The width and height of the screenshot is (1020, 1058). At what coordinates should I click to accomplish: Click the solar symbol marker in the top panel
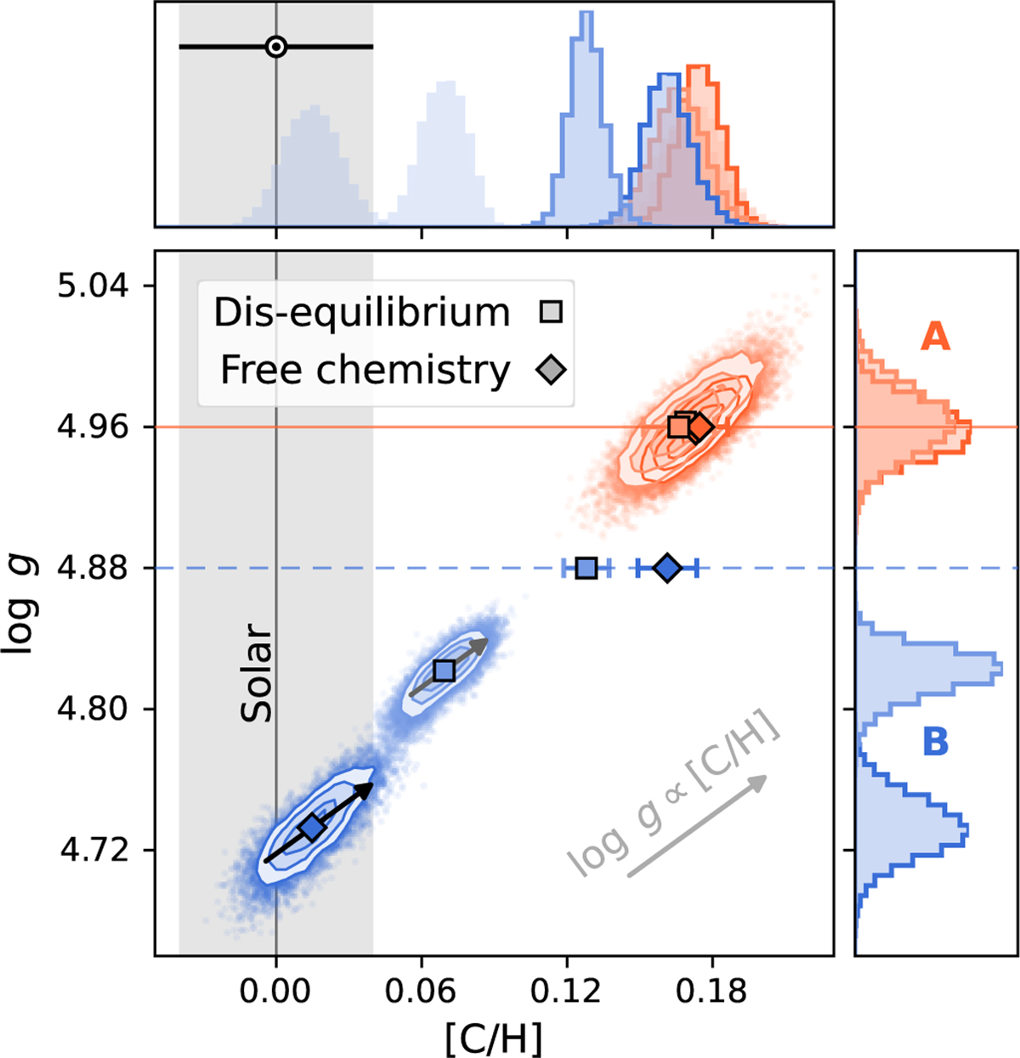point(275,47)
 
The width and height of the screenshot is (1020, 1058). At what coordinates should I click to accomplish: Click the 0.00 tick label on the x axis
point(275,990)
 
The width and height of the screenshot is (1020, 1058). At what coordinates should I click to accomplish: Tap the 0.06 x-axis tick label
point(421,990)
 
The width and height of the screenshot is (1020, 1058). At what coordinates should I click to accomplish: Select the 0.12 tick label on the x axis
point(566,990)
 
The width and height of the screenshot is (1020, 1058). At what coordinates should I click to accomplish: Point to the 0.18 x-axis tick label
point(711,990)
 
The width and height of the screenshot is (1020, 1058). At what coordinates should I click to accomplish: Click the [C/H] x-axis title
point(494,1038)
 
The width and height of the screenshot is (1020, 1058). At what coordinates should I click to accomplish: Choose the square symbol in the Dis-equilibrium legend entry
point(552,312)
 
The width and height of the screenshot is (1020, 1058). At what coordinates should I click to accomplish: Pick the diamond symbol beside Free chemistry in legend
point(552,370)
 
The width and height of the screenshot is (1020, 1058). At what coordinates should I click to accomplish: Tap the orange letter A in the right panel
point(935,337)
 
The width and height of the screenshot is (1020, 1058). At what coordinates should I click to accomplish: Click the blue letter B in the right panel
point(935,741)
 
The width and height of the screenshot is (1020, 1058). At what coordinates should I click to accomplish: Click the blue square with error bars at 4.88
point(586,569)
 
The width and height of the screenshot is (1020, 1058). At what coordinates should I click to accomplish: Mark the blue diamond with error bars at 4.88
point(667,569)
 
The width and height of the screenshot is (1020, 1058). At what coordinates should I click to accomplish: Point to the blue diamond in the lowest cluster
point(312,827)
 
